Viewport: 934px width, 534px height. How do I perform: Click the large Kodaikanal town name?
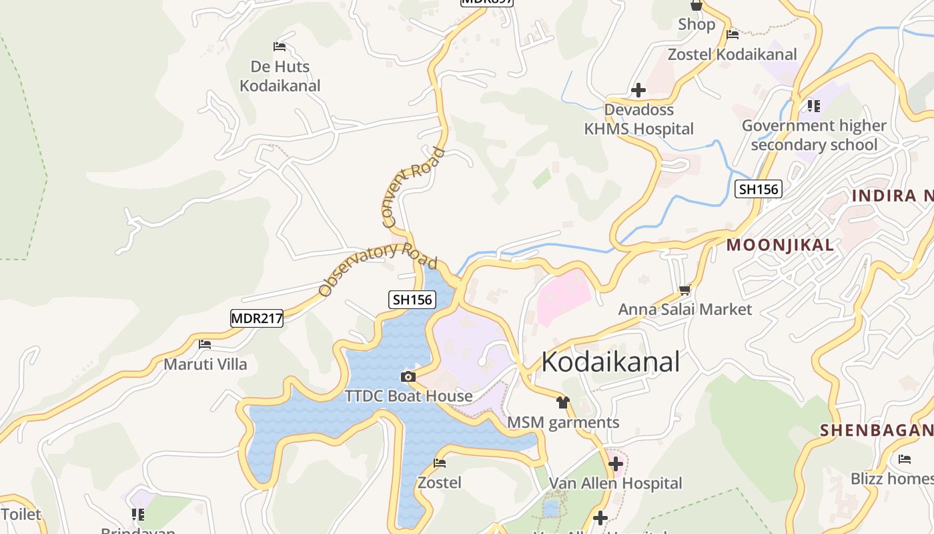(610, 362)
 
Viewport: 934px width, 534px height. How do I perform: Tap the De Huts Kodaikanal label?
(280, 76)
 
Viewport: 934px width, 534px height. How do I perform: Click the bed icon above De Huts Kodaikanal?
(280, 47)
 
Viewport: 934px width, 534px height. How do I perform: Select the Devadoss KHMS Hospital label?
(638, 119)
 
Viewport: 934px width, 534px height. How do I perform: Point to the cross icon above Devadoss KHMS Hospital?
(638, 90)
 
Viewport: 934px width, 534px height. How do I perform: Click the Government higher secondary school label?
(814, 135)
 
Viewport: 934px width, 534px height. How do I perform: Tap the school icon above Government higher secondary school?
(813, 105)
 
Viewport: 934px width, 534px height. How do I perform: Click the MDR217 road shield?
(257, 318)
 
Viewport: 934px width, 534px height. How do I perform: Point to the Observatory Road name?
(377, 268)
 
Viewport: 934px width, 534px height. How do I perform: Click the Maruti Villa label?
(205, 364)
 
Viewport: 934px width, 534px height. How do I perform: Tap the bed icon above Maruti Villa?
(205, 344)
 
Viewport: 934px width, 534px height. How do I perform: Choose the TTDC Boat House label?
(408, 396)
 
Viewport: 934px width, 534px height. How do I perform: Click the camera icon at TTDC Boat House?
(408, 377)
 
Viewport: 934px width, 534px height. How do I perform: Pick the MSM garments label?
(563, 423)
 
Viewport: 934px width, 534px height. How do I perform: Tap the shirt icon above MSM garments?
(563, 403)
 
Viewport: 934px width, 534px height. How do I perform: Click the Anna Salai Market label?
(684, 309)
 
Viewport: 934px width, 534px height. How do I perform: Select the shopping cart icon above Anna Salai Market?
(684, 290)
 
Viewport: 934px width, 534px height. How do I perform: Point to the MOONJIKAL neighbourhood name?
(780, 245)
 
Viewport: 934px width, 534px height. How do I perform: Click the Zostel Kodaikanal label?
(733, 55)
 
